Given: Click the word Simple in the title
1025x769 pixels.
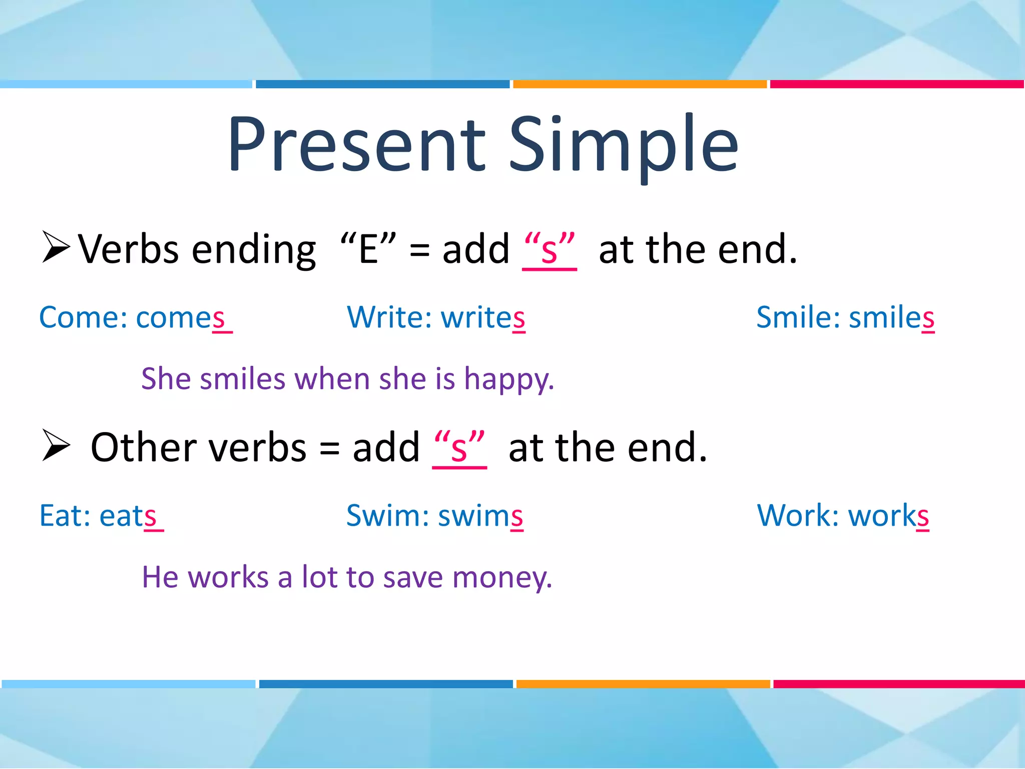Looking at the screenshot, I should pyautogui.click(x=623, y=145).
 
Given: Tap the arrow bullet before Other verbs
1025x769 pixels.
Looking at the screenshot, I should pyautogui.click(x=55, y=445).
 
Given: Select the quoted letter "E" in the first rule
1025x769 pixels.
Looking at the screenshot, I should pyautogui.click(x=368, y=249).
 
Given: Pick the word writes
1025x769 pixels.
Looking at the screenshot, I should pyautogui.click(x=483, y=318).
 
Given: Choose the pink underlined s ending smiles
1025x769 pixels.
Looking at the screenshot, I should pyautogui.click(x=928, y=319).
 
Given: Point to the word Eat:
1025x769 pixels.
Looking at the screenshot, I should pyautogui.click(x=65, y=516).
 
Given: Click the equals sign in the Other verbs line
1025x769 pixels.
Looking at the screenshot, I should pyautogui.click(x=329, y=448).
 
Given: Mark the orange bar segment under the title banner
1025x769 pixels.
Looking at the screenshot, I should pyautogui.click(x=640, y=84).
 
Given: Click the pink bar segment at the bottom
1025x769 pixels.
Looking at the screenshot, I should pyautogui.click(x=898, y=684).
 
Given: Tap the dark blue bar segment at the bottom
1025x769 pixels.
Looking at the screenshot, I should pyautogui.click(x=385, y=684).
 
